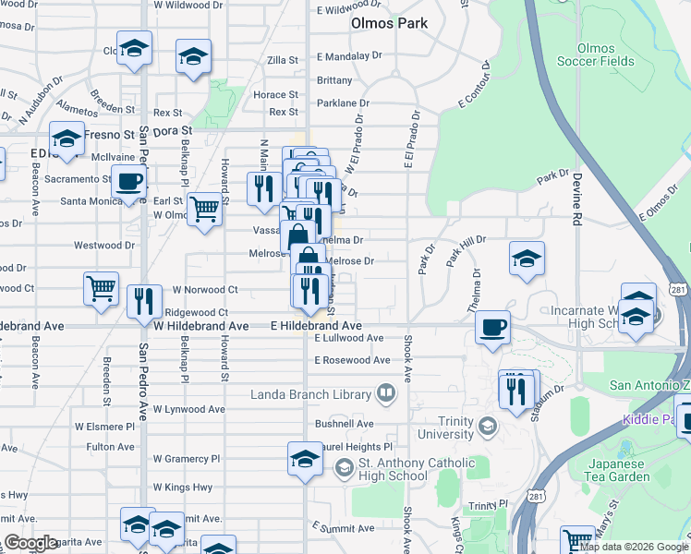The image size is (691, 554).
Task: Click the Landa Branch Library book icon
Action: coord(386,394)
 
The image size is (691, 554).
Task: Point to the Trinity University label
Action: coord(452,427)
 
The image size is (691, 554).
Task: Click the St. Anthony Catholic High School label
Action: coord(405,469)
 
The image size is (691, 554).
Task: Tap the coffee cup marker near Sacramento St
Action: coord(129,181)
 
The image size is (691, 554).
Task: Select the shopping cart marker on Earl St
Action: coord(204,209)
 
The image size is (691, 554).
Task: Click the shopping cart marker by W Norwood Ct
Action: coord(101,287)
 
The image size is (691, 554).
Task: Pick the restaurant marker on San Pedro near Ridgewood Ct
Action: coord(144,301)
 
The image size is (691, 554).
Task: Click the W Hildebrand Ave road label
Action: coord(201,326)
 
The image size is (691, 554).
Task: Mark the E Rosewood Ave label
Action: coord(351,360)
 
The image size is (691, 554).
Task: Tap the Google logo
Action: coord(30,543)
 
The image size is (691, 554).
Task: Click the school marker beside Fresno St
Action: coord(67,138)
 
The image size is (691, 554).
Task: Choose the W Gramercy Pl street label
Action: coord(187,459)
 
